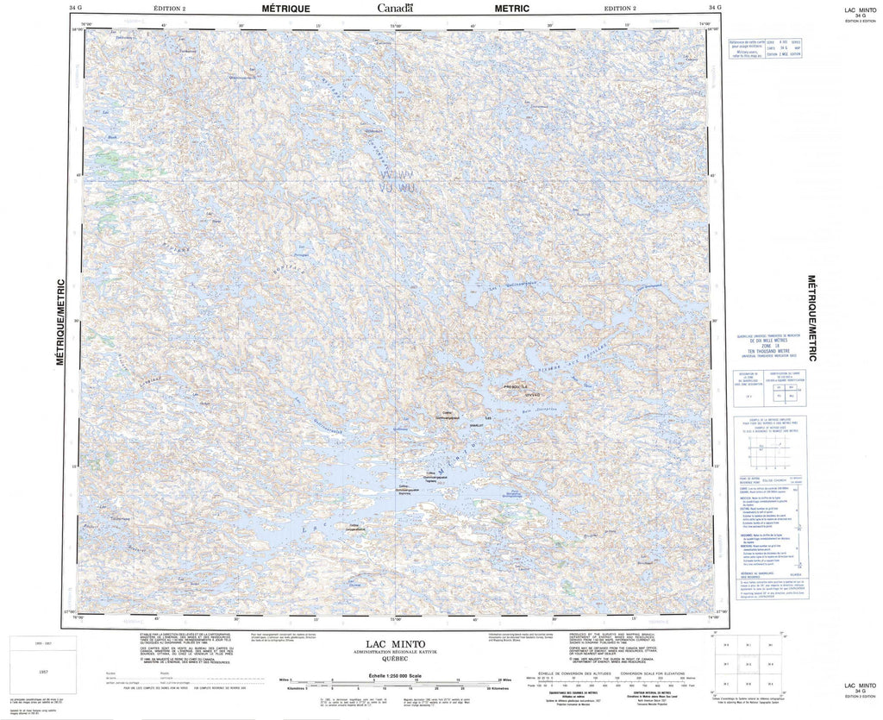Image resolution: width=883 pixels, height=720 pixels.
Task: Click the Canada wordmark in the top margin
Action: tap(395, 8)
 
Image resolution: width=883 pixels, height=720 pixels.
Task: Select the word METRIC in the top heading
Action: tap(512, 8)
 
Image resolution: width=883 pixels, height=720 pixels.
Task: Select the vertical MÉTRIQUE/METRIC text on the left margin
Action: tap(61, 322)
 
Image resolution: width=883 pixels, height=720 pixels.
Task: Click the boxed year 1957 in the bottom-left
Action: tap(34, 668)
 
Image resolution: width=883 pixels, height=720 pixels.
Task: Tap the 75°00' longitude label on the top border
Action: tap(397, 24)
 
